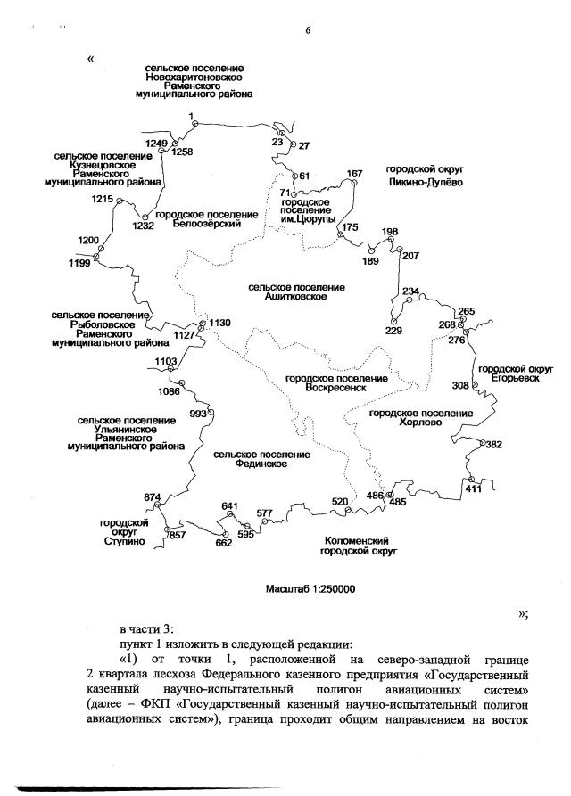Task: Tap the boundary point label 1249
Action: point(157,143)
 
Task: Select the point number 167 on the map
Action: point(355,173)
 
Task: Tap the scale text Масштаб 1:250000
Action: point(310,589)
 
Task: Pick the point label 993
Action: point(198,414)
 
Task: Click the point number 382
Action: point(494,444)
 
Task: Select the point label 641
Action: point(230,506)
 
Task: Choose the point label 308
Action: point(459,385)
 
